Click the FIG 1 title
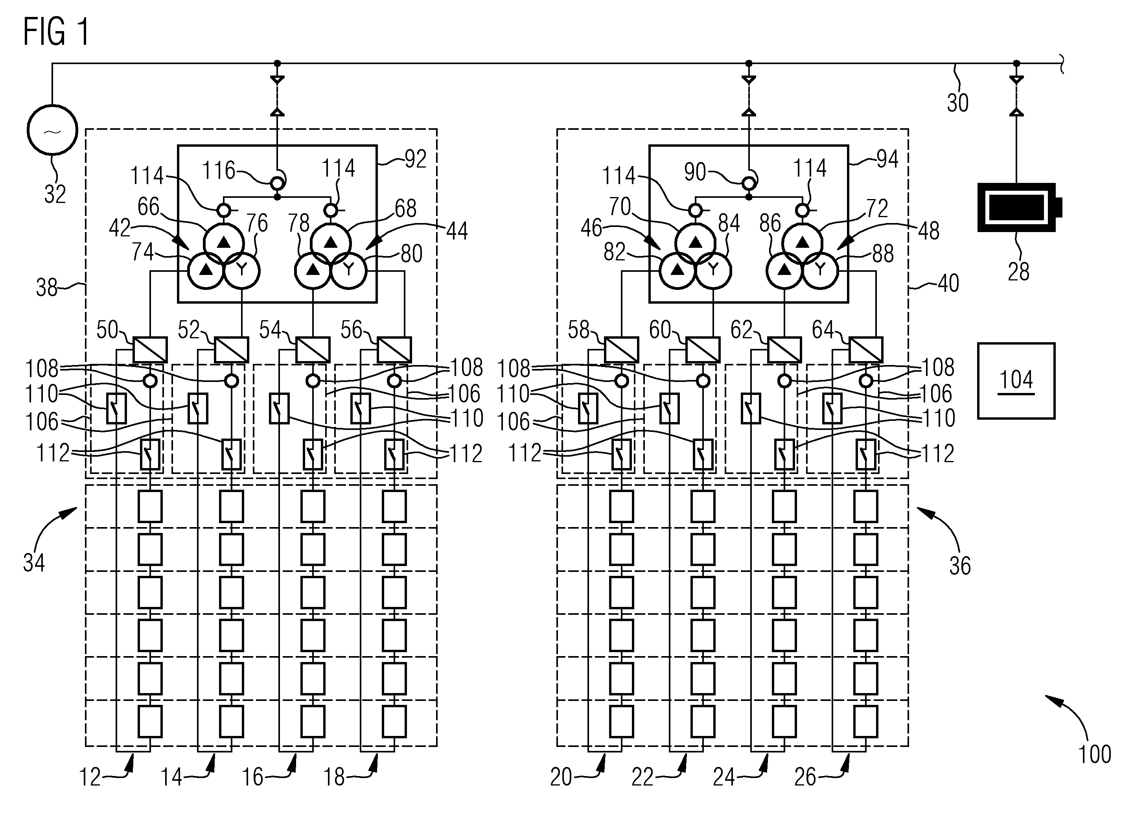pyautogui.click(x=56, y=31)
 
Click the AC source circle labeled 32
pyautogui.click(x=53, y=130)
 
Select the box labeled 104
pyautogui.click(x=1016, y=381)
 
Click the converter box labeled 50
pyautogui.click(x=150, y=349)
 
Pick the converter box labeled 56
pyautogui.click(x=394, y=349)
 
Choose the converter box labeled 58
pyautogui.click(x=622, y=349)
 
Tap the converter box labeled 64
pyautogui.click(x=865, y=349)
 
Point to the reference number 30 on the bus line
pyautogui.click(x=957, y=103)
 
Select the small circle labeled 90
pyautogui.click(x=749, y=184)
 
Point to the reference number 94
pyautogui.click(x=887, y=159)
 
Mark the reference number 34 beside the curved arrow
pyautogui.click(x=34, y=563)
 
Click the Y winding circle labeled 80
pyautogui.click(x=348, y=271)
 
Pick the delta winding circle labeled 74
pyautogui.click(x=206, y=271)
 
